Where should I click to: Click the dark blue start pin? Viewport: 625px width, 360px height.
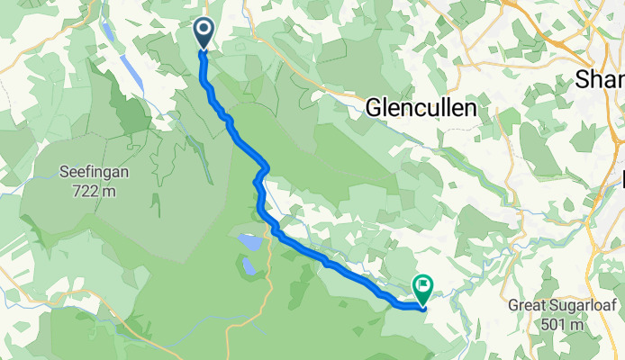point(204,33)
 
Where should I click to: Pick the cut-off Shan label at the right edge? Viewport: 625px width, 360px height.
point(602,79)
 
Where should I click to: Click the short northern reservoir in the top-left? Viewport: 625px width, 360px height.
point(108,33)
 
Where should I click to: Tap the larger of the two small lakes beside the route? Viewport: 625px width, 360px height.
point(251,243)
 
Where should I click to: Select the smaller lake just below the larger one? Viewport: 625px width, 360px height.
point(247,265)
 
